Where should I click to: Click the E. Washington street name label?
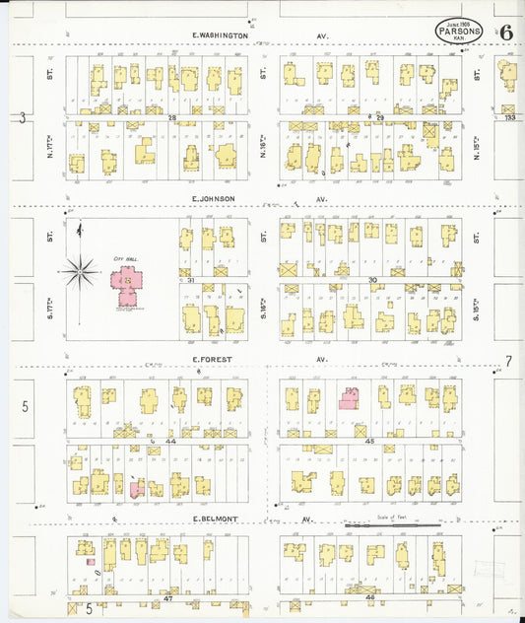(221, 35)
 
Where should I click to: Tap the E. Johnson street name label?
(214, 198)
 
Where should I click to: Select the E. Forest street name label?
(212, 360)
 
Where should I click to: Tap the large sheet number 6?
(505, 32)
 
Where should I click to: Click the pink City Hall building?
(127, 287)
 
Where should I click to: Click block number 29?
(378, 117)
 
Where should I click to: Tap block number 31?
(190, 280)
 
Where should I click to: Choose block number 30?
(372, 280)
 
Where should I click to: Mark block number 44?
(170, 441)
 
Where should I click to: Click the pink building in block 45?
(348, 397)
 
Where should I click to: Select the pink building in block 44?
(138, 488)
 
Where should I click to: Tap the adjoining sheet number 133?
(509, 117)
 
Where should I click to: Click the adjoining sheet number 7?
(509, 361)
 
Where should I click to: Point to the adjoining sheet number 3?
(22, 117)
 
